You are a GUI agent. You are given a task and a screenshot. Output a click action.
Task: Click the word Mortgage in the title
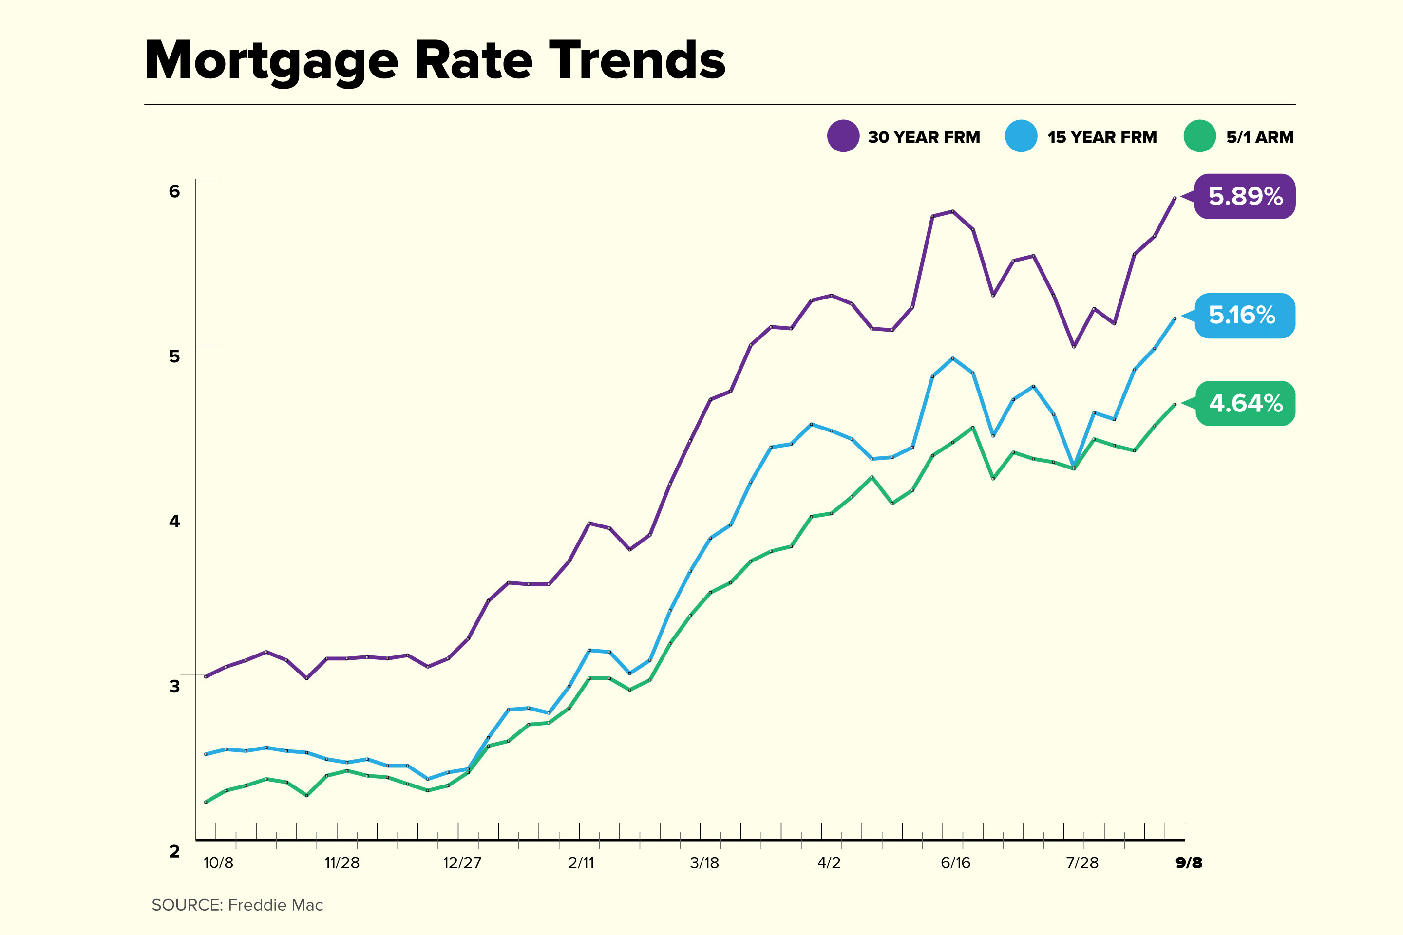coord(271,61)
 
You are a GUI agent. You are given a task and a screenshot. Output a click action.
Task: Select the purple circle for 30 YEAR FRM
coord(843,136)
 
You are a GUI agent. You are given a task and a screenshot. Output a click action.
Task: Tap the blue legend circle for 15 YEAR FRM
coord(1021,136)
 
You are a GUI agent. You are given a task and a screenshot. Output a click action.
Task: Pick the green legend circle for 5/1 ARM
coord(1199,136)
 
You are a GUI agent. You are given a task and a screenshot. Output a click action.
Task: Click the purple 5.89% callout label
coord(1245,196)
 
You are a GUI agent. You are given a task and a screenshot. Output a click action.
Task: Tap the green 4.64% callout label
coord(1245,404)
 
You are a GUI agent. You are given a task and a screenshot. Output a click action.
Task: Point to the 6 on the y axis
coord(174,191)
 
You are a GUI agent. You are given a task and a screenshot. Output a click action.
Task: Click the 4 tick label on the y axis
coord(174,521)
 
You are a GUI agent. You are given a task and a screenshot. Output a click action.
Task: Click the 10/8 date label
coord(218,863)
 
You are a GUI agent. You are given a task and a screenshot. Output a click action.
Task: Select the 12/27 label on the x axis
coord(462,863)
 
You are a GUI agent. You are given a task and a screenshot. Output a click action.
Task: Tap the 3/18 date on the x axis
coord(704,863)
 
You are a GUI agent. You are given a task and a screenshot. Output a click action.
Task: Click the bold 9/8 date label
coord(1188,863)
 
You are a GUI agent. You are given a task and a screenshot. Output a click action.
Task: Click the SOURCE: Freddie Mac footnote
coord(237,905)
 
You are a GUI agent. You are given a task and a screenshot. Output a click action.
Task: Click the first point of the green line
coord(206,802)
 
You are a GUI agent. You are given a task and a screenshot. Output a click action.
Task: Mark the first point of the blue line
coord(206,754)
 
